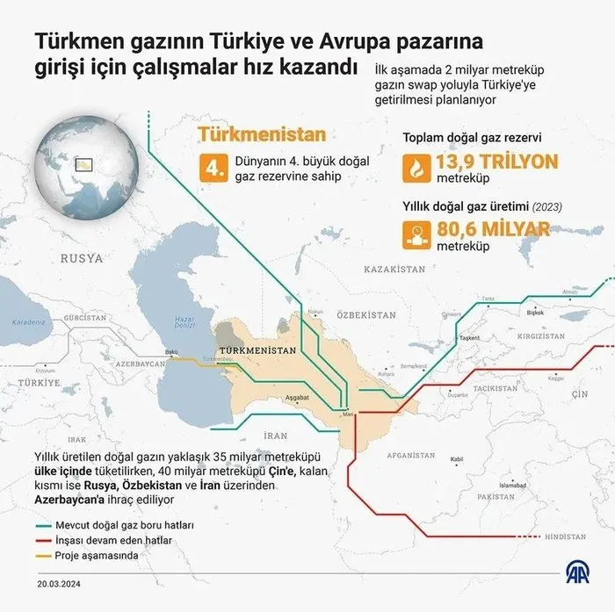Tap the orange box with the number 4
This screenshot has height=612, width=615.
(210, 169)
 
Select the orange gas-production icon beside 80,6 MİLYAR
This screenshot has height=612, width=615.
(416, 234)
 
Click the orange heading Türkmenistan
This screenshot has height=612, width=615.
(261, 135)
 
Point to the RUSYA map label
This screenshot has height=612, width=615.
(82, 258)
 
